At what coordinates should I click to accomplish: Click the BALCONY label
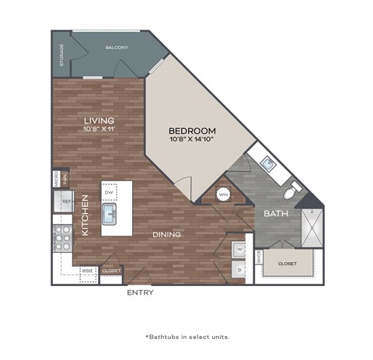(x=117, y=48)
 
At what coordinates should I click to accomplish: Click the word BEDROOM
(x=192, y=131)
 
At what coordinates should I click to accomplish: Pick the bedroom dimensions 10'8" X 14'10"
(x=192, y=140)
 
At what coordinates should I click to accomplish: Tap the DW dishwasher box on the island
(x=109, y=192)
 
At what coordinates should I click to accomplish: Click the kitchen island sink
(x=110, y=213)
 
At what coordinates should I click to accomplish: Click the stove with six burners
(x=61, y=237)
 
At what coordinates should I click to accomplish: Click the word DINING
(x=166, y=234)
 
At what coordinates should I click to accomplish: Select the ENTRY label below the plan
(x=140, y=293)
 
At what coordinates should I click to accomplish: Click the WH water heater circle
(x=222, y=194)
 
